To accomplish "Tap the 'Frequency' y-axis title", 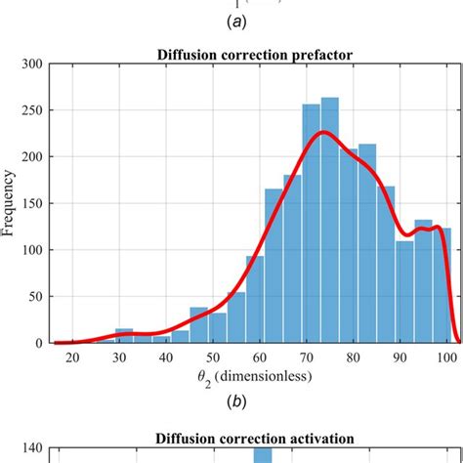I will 11,204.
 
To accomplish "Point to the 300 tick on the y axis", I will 30,64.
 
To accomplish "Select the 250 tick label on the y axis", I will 30,111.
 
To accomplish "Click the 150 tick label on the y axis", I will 30,204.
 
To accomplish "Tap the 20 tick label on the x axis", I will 73,358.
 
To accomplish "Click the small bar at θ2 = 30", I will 124,336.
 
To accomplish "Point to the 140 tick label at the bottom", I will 30,449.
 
